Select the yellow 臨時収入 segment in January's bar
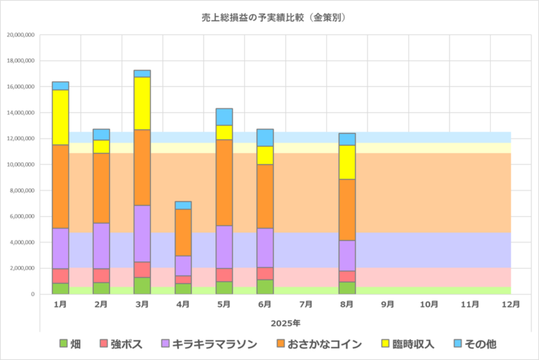click(60, 117)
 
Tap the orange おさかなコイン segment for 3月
click(142, 167)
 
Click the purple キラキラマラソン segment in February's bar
click(101, 246)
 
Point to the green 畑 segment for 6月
click(265, 287)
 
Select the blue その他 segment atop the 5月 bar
click(224, 116)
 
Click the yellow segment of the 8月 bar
click(347, 162)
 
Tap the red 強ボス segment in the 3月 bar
click(142, 269)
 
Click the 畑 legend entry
click(70, 343)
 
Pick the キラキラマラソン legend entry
click(208, 343)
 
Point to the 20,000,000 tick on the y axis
click(20, 34)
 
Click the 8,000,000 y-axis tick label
click(22, 190)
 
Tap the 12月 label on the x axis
click(511, 305)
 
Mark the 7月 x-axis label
click(306, 305)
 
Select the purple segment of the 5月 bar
click(224, 246)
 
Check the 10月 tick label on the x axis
click(429, 305)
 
